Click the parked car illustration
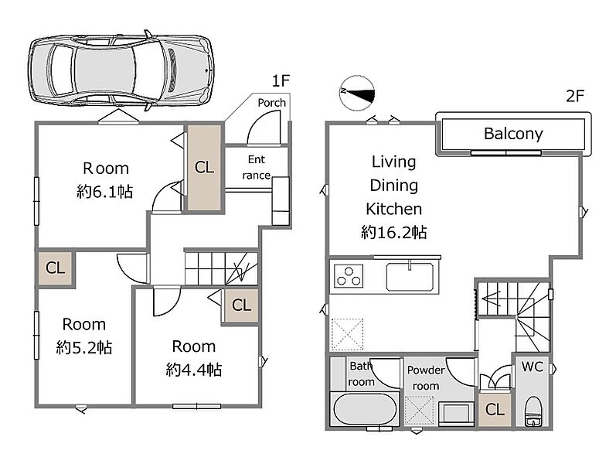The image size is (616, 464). (x=121, y=70)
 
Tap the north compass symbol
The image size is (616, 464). (x=357, y=93)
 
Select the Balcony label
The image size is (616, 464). (x=513, y=134)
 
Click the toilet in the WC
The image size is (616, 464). (x=533, y=411)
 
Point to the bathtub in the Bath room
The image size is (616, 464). (x=365, y=409)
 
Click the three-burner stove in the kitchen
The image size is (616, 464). (x=349, y=275)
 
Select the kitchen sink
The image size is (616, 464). (x=410, y=277)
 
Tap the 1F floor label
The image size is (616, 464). (x=281, y=81)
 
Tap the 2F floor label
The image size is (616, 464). (x=575, y=96)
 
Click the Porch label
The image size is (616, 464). (x=271, y=103)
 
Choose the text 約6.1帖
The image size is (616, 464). (x=105, y=192)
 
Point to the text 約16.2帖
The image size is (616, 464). (x=393, y=233)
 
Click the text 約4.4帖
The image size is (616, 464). (x=194, y=370)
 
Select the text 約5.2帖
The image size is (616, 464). (x=84, y=347)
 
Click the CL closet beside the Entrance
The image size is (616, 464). (x=204, y=168)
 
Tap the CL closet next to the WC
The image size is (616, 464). (x=495, y=410)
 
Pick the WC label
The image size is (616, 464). (x=533, y=367)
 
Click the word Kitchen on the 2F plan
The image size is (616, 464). (x=393, y=210)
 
